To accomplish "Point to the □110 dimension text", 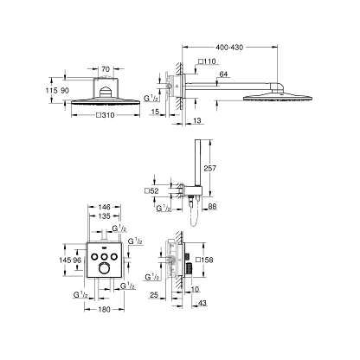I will [x=205, y=61].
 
